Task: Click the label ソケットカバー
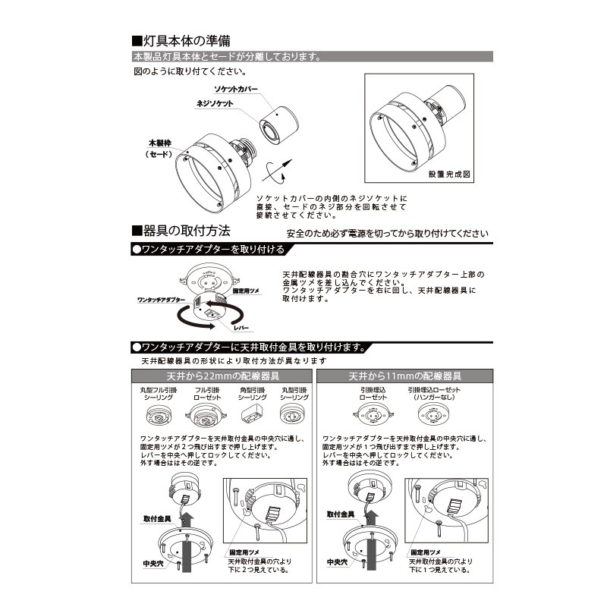pos(235,90)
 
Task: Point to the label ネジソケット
pos(215,103)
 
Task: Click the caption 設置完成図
pos(449,174)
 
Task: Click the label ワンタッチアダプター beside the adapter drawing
pos(162,300)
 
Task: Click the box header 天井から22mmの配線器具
pos(224,376)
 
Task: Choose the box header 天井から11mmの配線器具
pos(405,376)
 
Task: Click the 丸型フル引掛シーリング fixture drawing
pos(157,417)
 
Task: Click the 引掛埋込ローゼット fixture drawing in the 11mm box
pos(373,414)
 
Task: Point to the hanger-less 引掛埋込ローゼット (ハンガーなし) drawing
pos(433,414)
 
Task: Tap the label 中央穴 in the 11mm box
pos(337,562)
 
